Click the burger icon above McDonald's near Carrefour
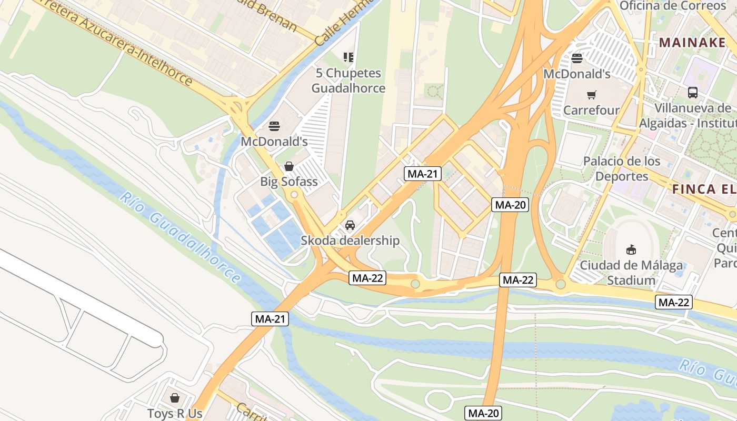click(577, 58)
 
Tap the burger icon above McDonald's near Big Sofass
click(274, 126)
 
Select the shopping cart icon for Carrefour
click(592, 95)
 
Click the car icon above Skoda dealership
click(350, 225)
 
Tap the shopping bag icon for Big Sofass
click(288, 167)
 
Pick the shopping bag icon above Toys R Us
click(174, 398)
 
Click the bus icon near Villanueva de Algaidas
click(693, 93)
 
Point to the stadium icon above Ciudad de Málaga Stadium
click(631, 249)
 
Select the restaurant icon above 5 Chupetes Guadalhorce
click(348, 57)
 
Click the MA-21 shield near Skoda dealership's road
click(422, 174)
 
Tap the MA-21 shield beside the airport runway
click(270, 318)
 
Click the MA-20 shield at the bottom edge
click(483, 413)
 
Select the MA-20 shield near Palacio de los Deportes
click(510, 205)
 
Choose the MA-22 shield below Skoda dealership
click(367, 278)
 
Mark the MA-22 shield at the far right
click(673, 302)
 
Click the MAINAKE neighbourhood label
click(692, 43)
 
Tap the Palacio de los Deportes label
click(622, 168)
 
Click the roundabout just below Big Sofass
click(294, 195)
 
